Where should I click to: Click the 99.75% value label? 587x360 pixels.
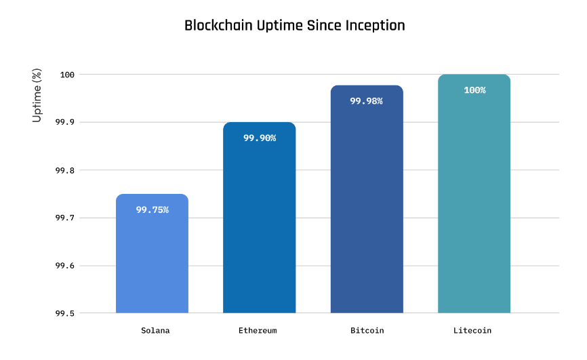coord(152,210)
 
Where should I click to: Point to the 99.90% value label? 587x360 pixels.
coord(259,138)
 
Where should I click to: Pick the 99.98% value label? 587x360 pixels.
coord(367,101)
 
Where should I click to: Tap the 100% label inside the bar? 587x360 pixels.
coord(474,90)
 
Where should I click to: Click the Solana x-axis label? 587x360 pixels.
coord(155,331)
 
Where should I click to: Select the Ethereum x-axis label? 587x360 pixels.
coord(258,331)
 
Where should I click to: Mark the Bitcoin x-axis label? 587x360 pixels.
coord(367,331)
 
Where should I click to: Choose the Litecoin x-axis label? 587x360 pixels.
coord(472,331)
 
